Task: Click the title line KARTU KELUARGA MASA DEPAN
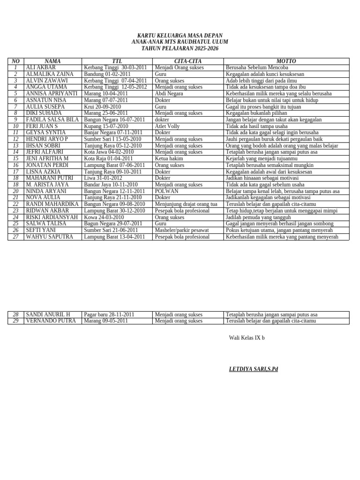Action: [x=180, y=36]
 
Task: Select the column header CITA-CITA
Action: [x=188, y=61]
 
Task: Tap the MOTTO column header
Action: [x=286, y=61]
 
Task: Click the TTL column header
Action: [x=117, y=61]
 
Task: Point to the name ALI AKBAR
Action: [x=41, y=67]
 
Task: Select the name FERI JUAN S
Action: [x=42, y=126]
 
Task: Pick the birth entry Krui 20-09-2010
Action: [x=102, y=106]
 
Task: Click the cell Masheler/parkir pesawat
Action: [x=182, y=230]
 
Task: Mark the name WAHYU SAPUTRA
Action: [x=50, y=237]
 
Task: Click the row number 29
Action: [x=15, y=321]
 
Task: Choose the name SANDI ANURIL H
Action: [x=48, y=314]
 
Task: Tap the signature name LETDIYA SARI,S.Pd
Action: [x=253, y=369]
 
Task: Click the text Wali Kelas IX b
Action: [x=247, y=337]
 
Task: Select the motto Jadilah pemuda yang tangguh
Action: [x=258, y=217]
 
